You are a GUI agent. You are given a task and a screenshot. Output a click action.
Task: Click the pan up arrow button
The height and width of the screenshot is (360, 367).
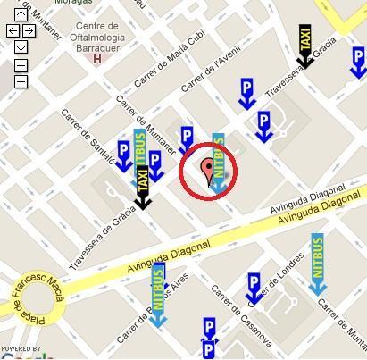click(x=21, y=15)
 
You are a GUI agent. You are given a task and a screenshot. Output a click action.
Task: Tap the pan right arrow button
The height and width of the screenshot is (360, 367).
click(x=29, y=31)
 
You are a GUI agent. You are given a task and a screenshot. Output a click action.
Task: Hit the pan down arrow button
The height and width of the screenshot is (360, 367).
click(x=21, y=46)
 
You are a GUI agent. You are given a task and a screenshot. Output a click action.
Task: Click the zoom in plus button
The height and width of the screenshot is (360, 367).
click(x=21, y=66)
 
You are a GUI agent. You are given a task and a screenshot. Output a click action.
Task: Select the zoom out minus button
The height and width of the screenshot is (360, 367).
click(x=21, y=82)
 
